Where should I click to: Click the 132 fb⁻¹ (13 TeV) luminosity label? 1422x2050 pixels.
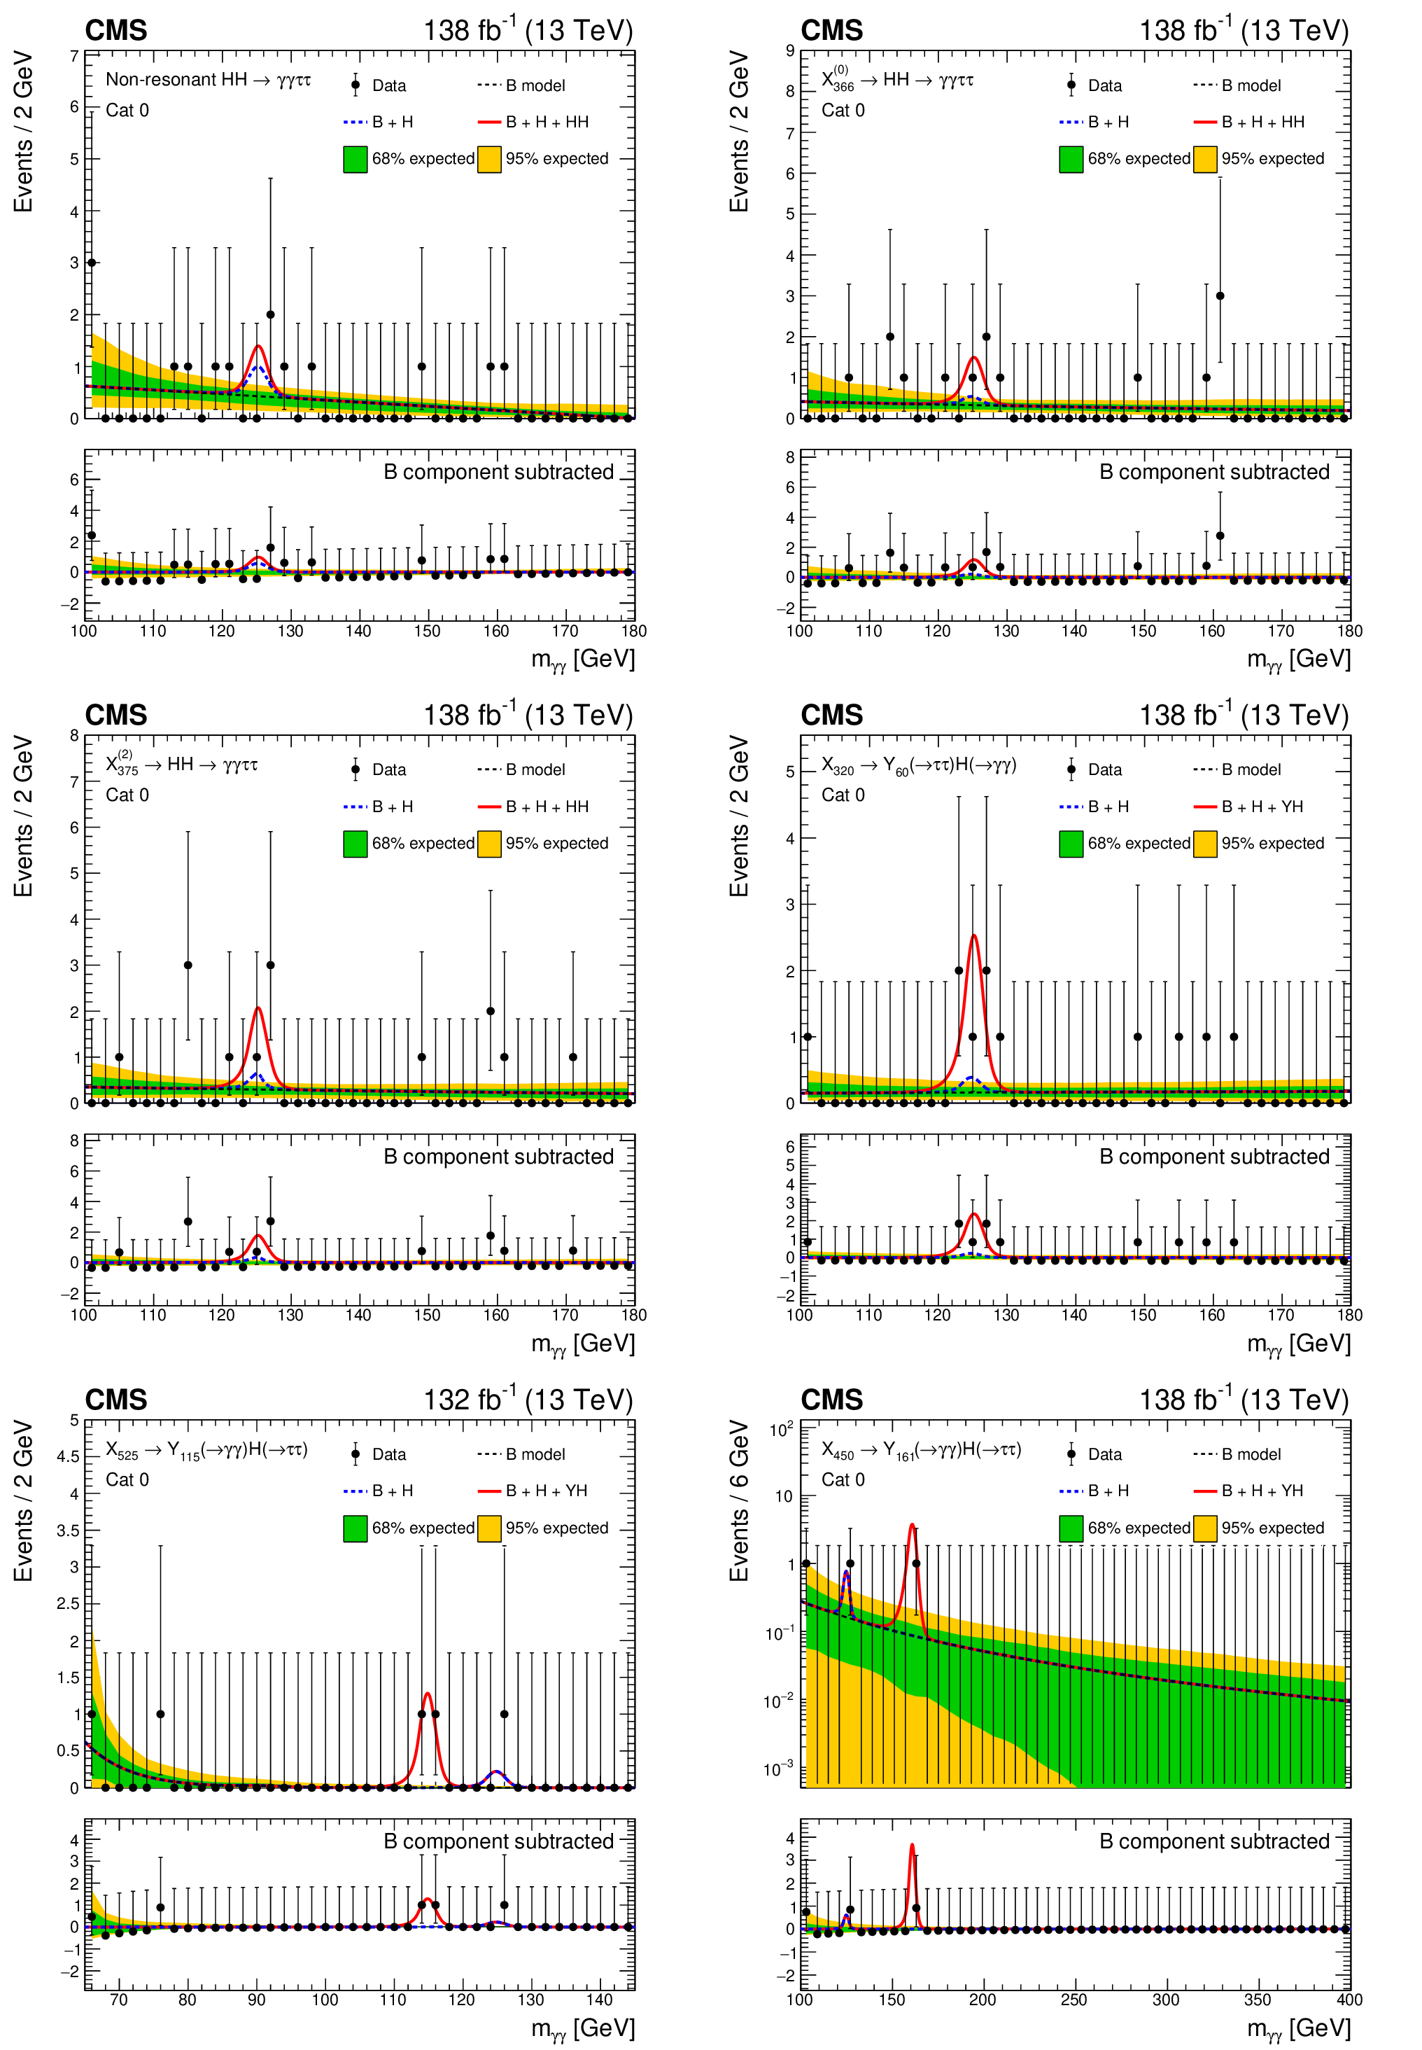(x=528, y=1400)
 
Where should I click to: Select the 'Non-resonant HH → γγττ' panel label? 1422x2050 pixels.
(x=208, y=79)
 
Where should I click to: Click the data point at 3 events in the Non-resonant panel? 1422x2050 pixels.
(x=92, y=263)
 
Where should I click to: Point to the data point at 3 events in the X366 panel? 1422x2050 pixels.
(x=1220, y=296)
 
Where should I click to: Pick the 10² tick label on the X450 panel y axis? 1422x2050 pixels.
(x=780, y=1430)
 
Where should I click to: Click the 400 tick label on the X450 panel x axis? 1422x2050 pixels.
(x=1349, y=1999)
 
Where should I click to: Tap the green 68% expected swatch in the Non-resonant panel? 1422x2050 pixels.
(x=355, y=159)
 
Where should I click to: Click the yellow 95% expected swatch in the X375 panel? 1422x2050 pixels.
(x=489, y=843)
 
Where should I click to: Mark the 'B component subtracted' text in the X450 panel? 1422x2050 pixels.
(x=1213, y=1841)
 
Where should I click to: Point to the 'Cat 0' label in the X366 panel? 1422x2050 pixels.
(x=842, y=111)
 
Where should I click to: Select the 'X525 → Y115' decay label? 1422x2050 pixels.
(x=206, y=1450)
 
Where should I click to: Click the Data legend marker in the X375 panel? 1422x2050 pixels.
(x=355, y=769)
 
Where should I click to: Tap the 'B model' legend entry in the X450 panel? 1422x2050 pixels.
(x=1250, y=1453)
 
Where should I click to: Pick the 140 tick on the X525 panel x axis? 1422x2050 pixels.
(x=600, y=1999)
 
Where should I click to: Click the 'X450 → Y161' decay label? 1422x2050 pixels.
(x=920, y=1450)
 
